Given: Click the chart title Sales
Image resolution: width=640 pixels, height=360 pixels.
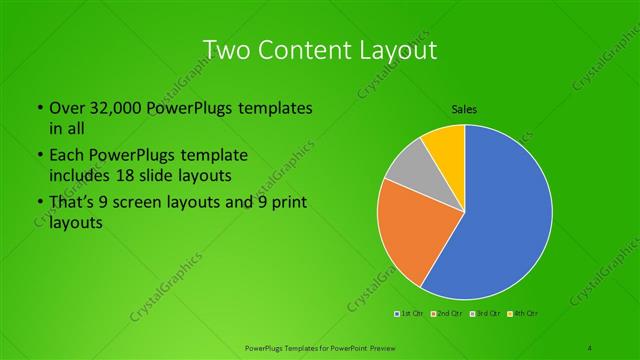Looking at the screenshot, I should tap(465, 110).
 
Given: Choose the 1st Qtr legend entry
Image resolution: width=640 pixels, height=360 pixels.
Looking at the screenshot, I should tap(410, 314).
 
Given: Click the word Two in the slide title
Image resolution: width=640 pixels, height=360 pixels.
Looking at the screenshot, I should tap(227, 49).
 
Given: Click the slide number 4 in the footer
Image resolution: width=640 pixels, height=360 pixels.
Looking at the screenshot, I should tap(591, 346).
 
